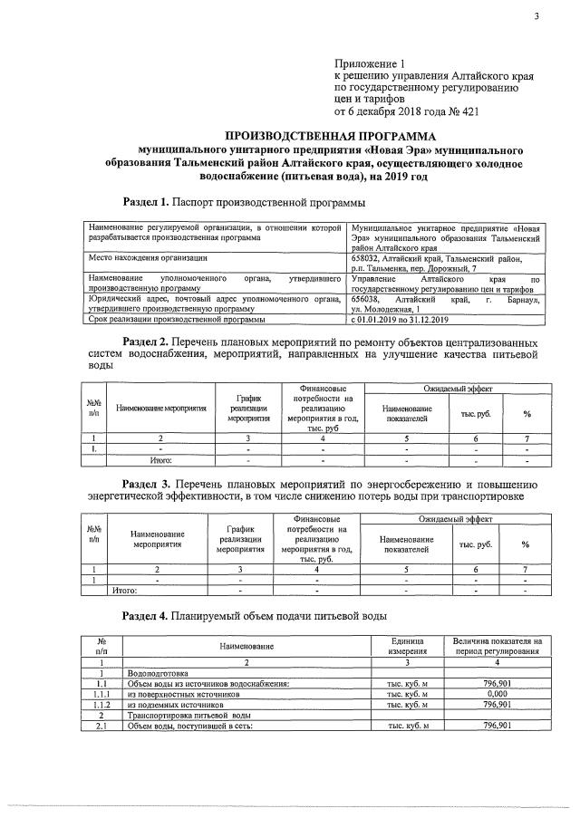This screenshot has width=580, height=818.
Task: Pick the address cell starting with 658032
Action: tap(445, 264)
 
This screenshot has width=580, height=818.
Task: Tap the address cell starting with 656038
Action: tap(445, 303)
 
